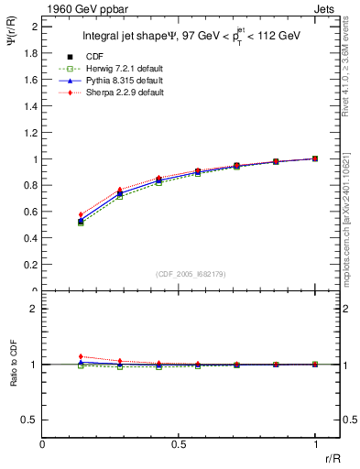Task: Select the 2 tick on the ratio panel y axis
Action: click(34, 309)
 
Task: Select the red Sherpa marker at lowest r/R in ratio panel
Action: click(81, 356)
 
